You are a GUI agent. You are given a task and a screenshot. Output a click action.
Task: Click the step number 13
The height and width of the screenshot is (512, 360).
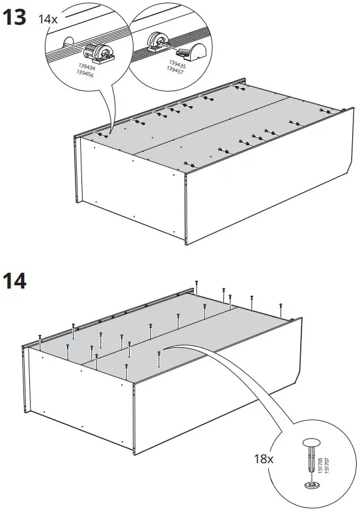click(x=14, y=18)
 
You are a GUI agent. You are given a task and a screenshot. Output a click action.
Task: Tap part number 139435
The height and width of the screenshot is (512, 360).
click(x=177, y=64)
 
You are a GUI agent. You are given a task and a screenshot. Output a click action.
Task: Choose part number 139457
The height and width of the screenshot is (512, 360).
click(x=174, y=70)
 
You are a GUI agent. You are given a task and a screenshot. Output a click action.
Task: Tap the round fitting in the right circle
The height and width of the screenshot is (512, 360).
click(x=157, y=40)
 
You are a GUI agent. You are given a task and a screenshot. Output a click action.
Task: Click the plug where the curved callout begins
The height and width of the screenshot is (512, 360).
click(x=159, y=353)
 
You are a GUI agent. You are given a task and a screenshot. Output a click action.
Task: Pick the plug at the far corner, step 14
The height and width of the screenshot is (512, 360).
click(x=196, y=284)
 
